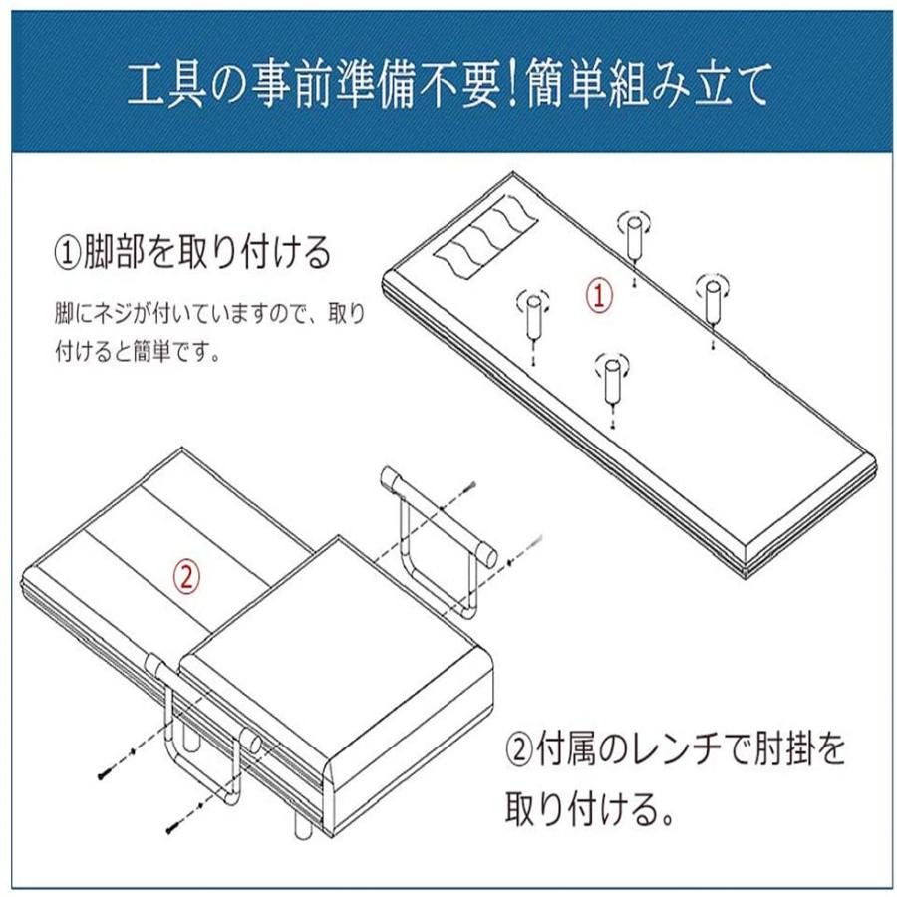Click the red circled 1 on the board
click(599, 295)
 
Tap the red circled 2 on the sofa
click(187, 577)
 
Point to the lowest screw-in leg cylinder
click(612, 381)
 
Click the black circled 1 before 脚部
click(68, 253)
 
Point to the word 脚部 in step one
click(115, 252)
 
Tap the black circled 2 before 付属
click(520, 750)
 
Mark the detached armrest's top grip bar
click(439, 517)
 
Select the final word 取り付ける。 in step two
click(589, 808)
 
